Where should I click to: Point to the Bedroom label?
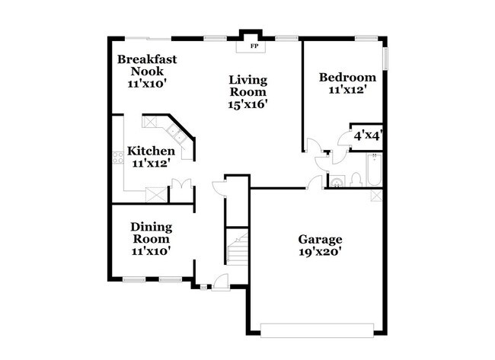pyautogui.click(x=347, y=77)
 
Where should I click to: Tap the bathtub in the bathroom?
pyautogui.click(x=374, y=170)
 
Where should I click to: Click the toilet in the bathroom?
pyautogui.click(x=355, y=180)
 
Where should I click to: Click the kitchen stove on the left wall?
pyautogui.click(x=118, y=158)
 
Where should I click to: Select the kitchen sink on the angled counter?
pyautogui.click(x=176, y=135)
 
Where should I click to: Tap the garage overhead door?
pyautogui.click(x=317, y=329)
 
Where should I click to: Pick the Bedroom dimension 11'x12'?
pyautogui.click(x=347, y=90)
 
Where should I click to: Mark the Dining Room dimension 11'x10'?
pyautogui.click(x=151, y=250)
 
